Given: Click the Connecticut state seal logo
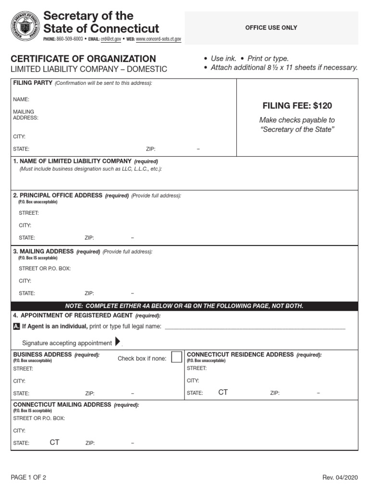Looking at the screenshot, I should point(25,26).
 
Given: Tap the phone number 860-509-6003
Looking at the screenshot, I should point(70,38).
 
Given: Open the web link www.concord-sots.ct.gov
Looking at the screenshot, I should point(159,38).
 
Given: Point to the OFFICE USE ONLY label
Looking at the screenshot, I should point(271,28).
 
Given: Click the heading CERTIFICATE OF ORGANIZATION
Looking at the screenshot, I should point(83,58).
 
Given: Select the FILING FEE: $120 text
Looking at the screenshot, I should point(297,105).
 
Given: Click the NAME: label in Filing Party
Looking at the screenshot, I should point(21,99).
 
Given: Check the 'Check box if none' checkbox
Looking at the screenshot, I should point(177,357).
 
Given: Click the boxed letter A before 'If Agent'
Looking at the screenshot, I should point(17,327).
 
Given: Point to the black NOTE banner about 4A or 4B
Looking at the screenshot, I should point(184,306).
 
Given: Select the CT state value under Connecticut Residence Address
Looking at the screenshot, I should point(223,392).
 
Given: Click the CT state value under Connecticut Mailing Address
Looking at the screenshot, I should point(54,442).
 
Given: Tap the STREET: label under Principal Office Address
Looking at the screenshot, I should point(29,213).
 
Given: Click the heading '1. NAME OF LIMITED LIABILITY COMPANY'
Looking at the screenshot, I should point(72,161).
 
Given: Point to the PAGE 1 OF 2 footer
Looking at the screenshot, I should point(28,478).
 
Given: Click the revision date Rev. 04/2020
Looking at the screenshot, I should point(340,478).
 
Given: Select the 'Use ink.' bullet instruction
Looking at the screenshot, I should point(224,58).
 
